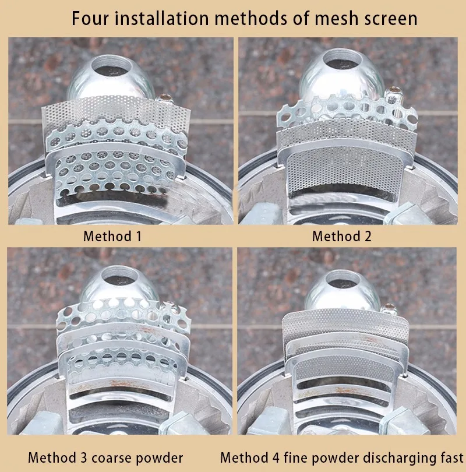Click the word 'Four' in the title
[x=90, y=19]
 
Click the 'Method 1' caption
[x=112, y=236]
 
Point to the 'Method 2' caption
[x=342, y=236]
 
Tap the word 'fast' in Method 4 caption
[x=452, y=457]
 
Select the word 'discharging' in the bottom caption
[x=400, y=459]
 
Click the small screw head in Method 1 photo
[x=164, y=98]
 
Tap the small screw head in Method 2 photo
[x=394, y=90]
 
